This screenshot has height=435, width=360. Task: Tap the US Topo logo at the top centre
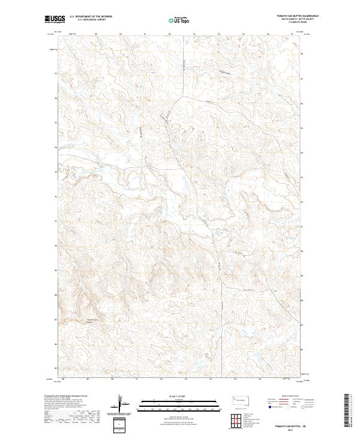(x=179, y=20)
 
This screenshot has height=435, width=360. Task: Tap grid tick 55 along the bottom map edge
(x=235, y=379)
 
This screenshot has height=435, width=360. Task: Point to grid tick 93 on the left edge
(x=57, y=172)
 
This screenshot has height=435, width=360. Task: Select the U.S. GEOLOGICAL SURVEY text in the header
(x=91, y=20)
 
